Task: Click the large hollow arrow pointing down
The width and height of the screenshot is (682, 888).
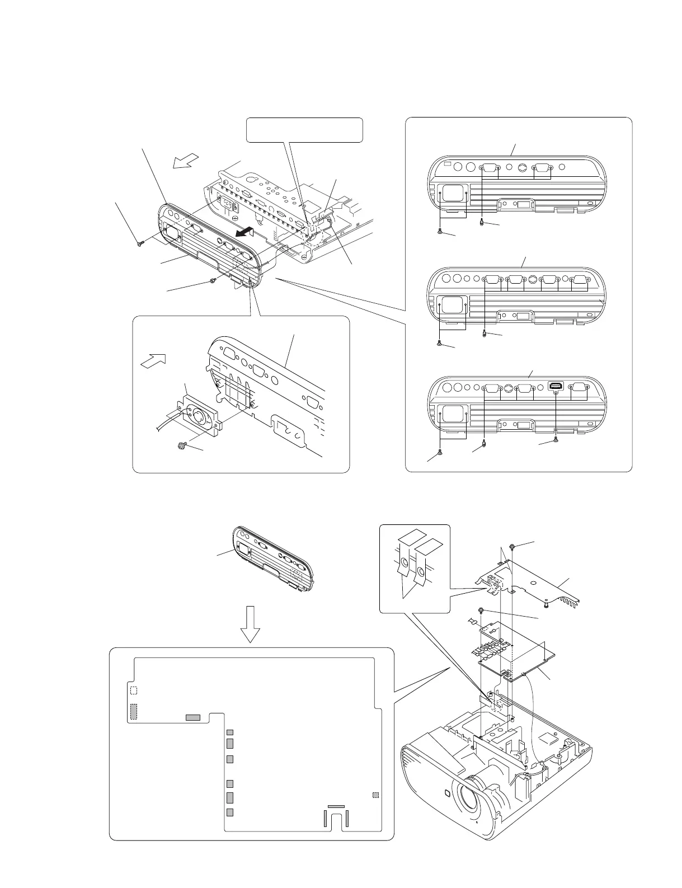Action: (x=250, y=623)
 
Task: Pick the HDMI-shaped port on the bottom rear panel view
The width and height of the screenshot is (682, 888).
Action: (x=556, y=386)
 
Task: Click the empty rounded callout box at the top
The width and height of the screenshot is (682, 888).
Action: (x=305, y=129)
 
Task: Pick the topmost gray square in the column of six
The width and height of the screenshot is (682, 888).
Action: (x=229, y=732)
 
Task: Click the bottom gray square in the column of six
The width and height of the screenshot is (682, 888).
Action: (x=229, y=812)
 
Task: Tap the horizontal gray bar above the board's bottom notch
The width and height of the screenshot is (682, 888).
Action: (x=336, y=806)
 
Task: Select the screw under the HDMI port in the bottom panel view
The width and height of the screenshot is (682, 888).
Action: (x=555, y=440)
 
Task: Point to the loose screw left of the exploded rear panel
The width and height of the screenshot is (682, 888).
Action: (x=139, y=243)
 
